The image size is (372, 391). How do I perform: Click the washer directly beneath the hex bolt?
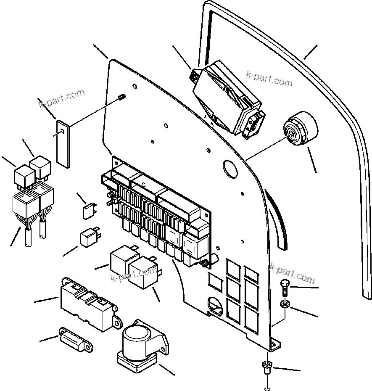(x=284, y=304)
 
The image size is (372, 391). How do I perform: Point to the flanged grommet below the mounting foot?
(x=266, y=368)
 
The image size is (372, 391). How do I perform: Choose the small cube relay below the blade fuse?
(x=89, y=238)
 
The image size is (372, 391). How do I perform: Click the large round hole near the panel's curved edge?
(x=230, y=168)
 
